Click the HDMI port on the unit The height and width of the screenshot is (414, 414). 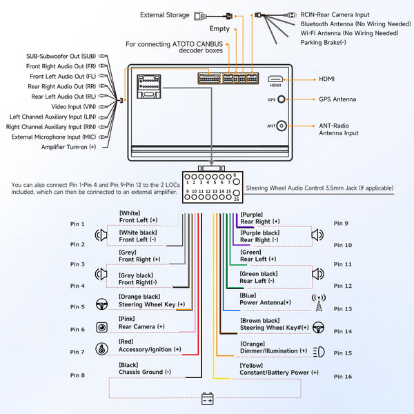pos(275,79)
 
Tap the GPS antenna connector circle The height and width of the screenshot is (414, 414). pos(282,99)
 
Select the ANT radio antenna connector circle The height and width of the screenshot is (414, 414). pos(282,126)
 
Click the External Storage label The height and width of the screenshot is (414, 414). pos(165,14)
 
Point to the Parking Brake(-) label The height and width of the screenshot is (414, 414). pos(323,42)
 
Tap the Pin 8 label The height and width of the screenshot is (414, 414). pos(77,375)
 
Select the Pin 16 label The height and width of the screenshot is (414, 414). pos(342,377)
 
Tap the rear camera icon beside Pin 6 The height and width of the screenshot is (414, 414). pos(101,328)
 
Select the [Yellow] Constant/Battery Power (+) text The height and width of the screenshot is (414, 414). pos(279,368)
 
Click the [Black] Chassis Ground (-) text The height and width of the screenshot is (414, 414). pos(144,368)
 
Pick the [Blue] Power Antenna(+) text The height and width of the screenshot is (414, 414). pos(265,299)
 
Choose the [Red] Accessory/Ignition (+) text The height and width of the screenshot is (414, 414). pos(150,345)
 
